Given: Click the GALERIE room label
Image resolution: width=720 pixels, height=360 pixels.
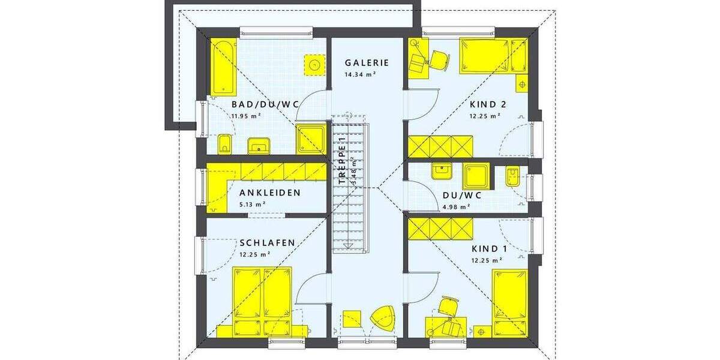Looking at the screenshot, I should pyautogui.click(x=367, y=62).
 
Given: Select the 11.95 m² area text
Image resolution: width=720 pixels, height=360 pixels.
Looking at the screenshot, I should pyautogui.click(x=247, y=115).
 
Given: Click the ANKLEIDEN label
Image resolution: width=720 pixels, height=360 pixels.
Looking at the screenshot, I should pyautogui.click(x=269, y=193).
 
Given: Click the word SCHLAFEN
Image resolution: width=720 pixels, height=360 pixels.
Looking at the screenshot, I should pyautogui.click(x=267, y=243).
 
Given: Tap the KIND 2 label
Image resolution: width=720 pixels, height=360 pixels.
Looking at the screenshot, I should pyautogui.click(x=488, y=104).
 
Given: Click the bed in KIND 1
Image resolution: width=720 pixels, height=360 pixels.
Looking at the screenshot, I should pyautogui.click(x=509, y=303).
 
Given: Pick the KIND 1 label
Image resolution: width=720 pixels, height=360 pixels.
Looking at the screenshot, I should pyautogui.click(x=485, y=249).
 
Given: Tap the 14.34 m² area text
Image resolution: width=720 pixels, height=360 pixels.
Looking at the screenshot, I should pyautogui.click(x=360, y=74).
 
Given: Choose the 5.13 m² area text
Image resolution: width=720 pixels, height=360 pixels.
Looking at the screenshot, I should pyautogui.click(x=252, y=204).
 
